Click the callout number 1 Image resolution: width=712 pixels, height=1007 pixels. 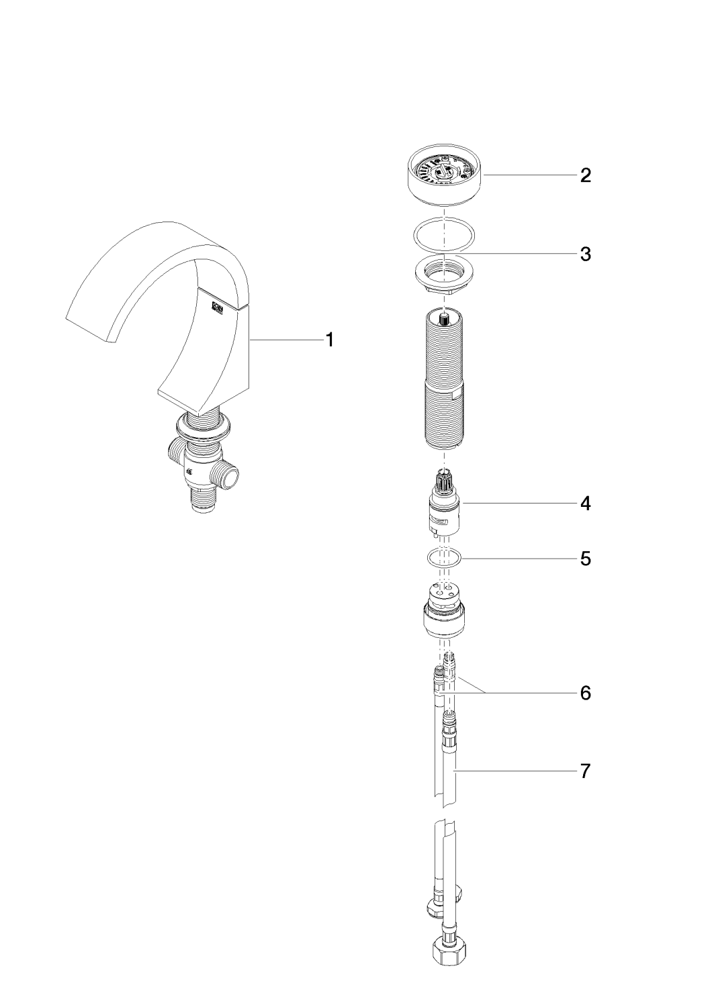click(x=329, y=340)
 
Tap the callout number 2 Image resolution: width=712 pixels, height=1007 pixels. click(x=586, y=176)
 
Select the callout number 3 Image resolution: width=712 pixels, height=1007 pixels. click(x=586, y=254)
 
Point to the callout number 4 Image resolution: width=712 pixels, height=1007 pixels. click(x=586, y=503)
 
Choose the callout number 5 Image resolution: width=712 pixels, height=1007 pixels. click(x=586, y=558)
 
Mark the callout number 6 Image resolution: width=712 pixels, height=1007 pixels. click(x=586, y=692)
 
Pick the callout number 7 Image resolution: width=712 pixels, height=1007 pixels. click(x=586, y=771)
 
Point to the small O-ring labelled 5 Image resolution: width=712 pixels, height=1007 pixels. click(x=444, y=557)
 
